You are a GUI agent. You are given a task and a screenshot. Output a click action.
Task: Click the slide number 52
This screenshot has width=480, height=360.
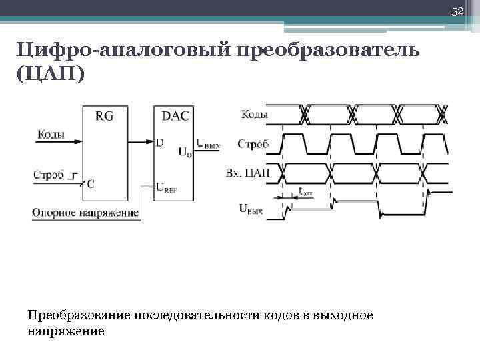(x=457, y=11)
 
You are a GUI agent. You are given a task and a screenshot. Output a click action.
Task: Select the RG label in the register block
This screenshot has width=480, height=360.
(x=105, y=115)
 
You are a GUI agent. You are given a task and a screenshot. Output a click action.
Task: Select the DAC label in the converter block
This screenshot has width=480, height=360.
(x=175, y=115)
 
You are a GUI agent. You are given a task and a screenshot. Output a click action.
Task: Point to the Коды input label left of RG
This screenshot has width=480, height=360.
(x=51, y=135)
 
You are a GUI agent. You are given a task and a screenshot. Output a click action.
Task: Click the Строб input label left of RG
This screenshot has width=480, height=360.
(x=49, y=175)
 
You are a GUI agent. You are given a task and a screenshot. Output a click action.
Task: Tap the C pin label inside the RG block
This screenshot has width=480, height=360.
(x=91, y=184)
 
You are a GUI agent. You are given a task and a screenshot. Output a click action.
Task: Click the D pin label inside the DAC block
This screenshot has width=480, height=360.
(x=160, y=142)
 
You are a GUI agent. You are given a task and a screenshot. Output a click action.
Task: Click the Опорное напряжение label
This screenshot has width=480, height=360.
(x=85, y=213)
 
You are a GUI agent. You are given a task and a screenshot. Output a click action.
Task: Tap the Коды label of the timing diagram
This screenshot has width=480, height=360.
(x=254, y=114)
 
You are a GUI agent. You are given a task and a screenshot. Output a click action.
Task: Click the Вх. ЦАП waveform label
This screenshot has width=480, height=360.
(x=249, y=173)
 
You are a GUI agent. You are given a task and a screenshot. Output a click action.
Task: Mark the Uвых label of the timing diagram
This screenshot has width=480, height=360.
(x=251, y=210)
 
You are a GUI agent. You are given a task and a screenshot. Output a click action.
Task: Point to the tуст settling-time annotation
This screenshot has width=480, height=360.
(x=305, y=192)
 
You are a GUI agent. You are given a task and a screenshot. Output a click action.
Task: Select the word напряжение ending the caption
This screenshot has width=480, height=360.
(x=66, y=331)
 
